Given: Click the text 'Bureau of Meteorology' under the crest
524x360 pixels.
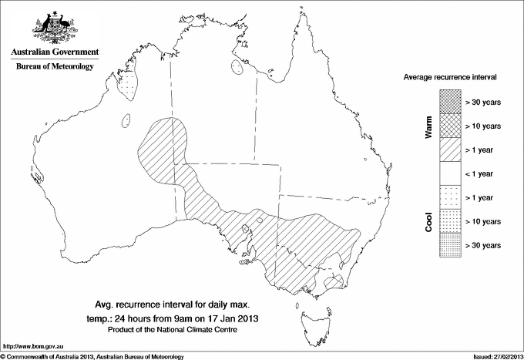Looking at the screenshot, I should [x=54, y=67].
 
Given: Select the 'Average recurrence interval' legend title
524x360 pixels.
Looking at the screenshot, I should [x=450, y=79].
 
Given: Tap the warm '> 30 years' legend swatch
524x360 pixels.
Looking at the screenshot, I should [x=450, y=100].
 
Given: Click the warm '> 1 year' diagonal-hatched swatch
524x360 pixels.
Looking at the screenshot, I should [x=450, y=149].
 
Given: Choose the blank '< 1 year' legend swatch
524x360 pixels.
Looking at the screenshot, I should [x=450, y=173].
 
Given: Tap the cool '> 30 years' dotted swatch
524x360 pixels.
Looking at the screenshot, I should [x=450, y=245].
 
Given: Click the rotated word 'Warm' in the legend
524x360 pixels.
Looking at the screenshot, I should [x=428, y=126].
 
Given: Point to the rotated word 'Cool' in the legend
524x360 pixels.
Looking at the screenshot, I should [x=428, y=222].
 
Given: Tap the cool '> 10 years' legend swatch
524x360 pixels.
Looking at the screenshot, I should [x=450, y=221].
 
